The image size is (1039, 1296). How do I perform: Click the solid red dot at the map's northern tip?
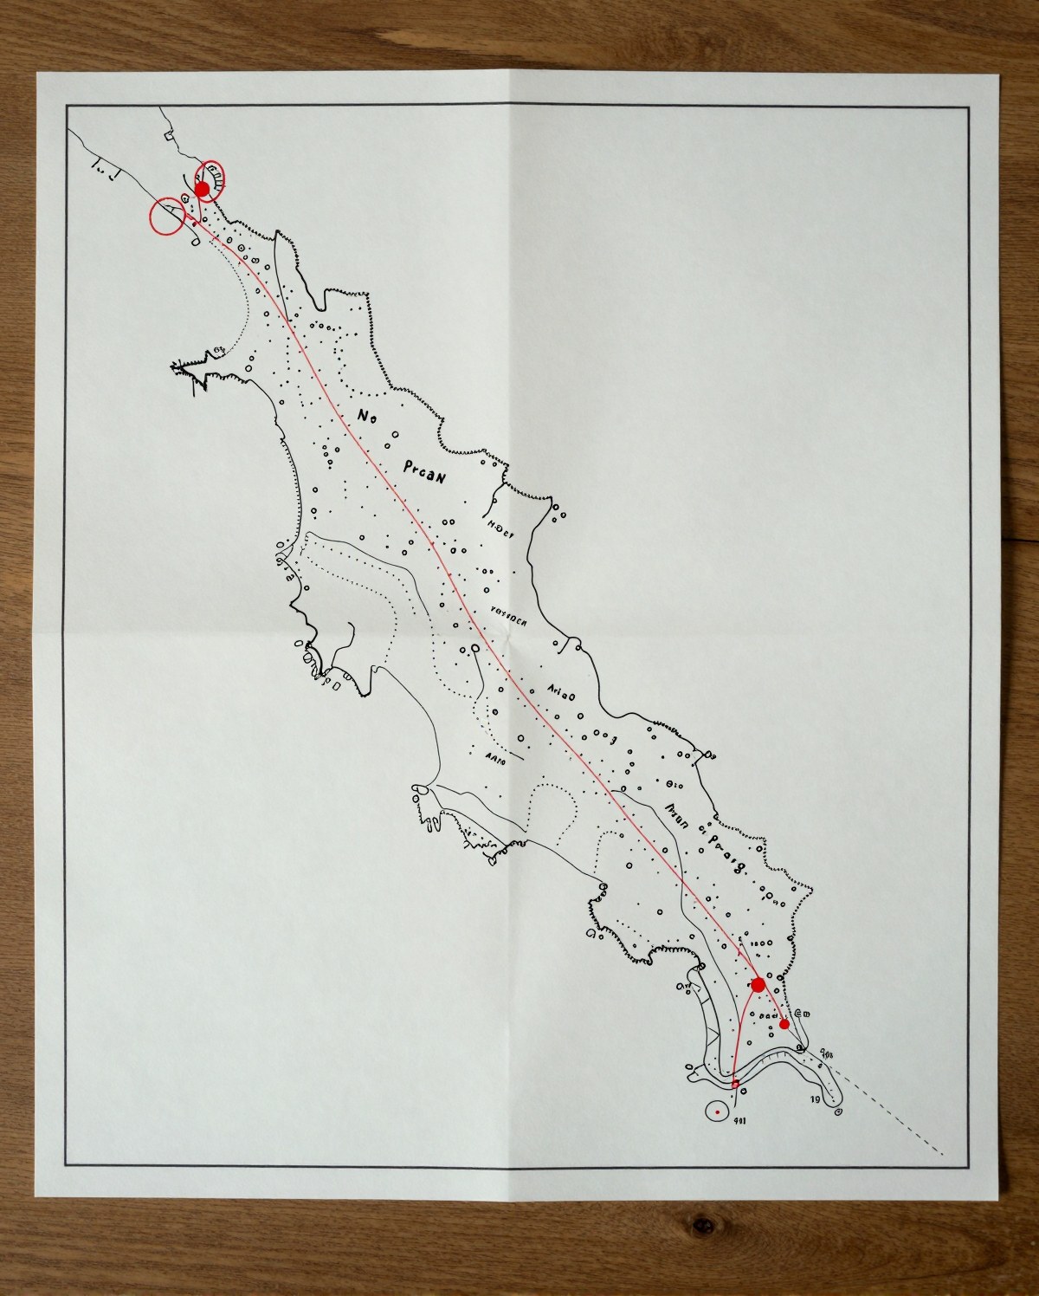pos(202,188)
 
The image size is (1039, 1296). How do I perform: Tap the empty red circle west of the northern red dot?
pos(165,217)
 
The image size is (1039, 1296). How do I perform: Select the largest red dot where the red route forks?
pos(758,984)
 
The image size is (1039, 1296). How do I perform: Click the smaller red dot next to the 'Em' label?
pos(784,1024)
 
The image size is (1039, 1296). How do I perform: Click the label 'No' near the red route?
pos(366,417)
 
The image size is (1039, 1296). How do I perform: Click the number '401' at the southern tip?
pos(741,1118)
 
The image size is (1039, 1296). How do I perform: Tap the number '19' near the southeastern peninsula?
pos(815,1100)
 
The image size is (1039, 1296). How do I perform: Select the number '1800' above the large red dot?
pos(760,943)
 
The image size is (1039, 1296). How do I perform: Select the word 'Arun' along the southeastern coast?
pos(675,816)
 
